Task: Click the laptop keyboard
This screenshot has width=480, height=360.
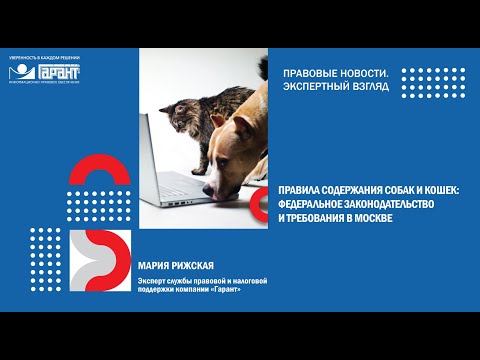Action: (x=180, y=186)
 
